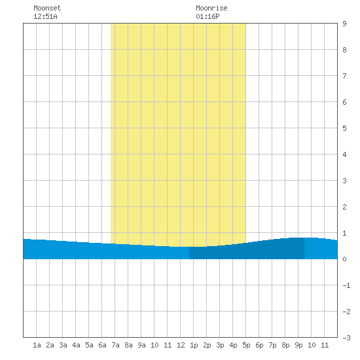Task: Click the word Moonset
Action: pyautogui.click(x=47, y=8)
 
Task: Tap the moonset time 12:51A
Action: pyautogui.click(x=45, y=16)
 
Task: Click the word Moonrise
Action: pyautogui.click(x=211, y=8)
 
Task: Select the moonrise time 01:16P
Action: pyautogui.click(x=207, y=16)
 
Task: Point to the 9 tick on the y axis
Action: pyautogui.click(x=344, y=24)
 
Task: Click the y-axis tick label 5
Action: pyautogui.click(x=344, y=128)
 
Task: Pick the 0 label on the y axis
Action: pyautogui.click(x=344, y=259)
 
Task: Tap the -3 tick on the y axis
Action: pyautogui.click(x=346, y=338)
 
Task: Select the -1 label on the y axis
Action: pyautogui.click(x=346, y=285)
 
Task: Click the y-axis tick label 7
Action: pyautogui.click(x=344, y=76)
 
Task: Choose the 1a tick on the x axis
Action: pyautogui.click(x=37, y=345)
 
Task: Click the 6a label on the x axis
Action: pyautogui.click(x=102, y=345)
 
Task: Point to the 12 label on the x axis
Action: pyautogui.click(x=181, y=345)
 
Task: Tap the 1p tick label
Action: pyautogui.click(x=194, y=345)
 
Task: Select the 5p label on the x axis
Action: pyautogui.click(x=246, y=345)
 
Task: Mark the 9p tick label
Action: pyautogui.click(x=298, y=345)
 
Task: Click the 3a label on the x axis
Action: pyautogui.click(x=63, y=345)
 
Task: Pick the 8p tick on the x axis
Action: pyautogui.click(x=285, y=345)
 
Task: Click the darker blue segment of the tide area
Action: pyautogui.click(x=247, y=251)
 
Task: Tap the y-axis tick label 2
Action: pyautogui.click(x=344, y=207)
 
